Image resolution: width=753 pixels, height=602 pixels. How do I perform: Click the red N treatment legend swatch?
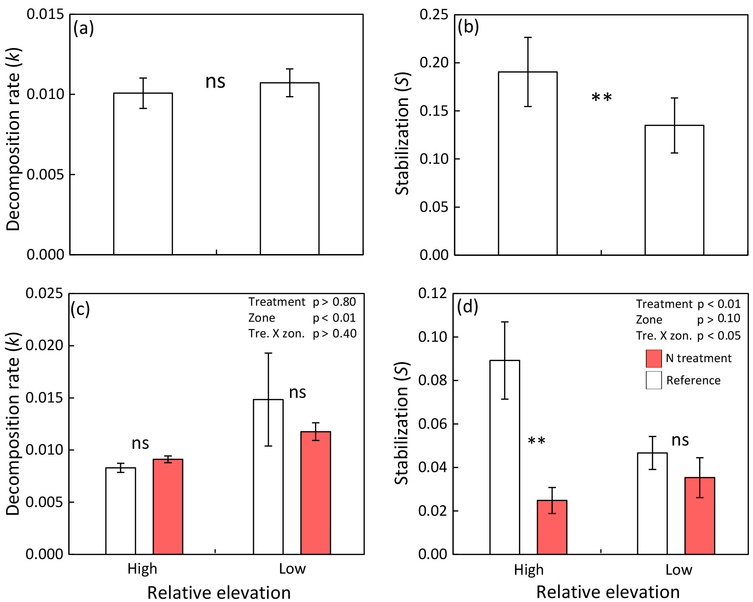point(654,359)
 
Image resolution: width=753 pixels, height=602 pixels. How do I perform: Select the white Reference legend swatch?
point(654,380)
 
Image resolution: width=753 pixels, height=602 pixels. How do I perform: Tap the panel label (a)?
point(83,28)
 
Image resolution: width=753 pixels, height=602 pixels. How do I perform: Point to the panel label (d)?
point(467,307)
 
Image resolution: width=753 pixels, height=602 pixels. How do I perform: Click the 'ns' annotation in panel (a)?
point(215,82)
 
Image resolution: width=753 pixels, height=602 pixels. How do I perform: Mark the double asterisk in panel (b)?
point(601,98)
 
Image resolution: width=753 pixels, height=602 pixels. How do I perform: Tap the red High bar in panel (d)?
point(552,527)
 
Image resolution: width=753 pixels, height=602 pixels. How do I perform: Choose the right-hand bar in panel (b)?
point(674,190)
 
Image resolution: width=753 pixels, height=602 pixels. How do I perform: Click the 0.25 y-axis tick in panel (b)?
point(434,15)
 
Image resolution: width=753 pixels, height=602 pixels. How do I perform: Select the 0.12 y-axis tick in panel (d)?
point(432,293)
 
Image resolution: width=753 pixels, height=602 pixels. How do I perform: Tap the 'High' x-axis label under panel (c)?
point(142,569)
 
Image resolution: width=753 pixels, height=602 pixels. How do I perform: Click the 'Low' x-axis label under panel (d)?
point(678,570)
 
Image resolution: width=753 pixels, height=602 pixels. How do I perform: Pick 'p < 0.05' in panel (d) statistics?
point(719,336)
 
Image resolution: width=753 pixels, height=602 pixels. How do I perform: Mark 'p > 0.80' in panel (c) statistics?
point(334,302)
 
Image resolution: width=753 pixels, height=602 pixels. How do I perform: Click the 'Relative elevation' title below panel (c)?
point(219,593)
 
